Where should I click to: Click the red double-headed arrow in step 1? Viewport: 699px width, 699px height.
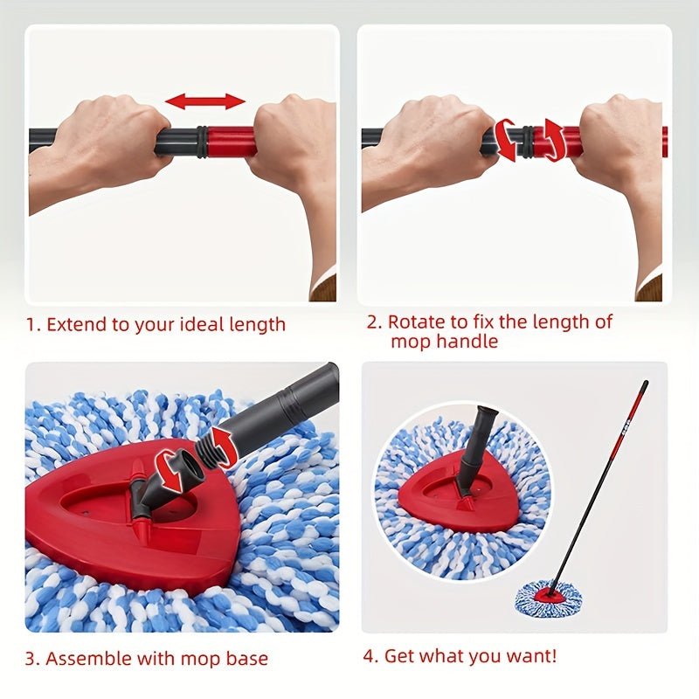coord(205,101)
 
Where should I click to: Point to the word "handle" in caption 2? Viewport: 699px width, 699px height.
coord(468,342)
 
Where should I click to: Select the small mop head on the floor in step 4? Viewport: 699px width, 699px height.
coord(548,599)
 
